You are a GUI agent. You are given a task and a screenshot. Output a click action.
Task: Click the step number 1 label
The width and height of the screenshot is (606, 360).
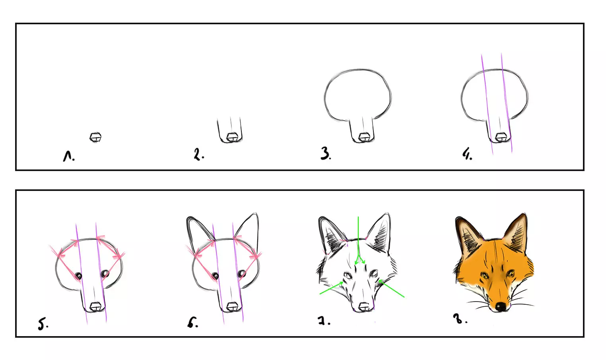point(68,156)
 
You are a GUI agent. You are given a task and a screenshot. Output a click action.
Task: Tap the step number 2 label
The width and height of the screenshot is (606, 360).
point(198,154)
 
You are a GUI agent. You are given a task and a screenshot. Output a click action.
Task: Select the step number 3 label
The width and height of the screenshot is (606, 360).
point(325,154)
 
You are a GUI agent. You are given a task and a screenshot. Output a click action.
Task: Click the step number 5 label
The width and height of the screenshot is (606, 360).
point(43,324)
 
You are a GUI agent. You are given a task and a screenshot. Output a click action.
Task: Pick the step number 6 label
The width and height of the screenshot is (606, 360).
point(192,323)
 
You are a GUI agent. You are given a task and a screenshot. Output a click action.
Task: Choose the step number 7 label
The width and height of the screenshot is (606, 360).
point(323,321)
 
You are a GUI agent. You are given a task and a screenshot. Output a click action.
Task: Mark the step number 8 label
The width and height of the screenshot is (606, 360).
point(459,319)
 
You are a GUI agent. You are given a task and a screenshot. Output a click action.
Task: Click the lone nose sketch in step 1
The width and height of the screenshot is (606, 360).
point(95,137)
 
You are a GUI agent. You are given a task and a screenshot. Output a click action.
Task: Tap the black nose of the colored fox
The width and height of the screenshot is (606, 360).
point(500,307)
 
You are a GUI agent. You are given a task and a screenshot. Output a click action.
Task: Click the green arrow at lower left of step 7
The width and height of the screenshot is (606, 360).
point(332,288)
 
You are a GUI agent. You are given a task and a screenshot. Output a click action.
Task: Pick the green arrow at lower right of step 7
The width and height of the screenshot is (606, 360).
point(392,289)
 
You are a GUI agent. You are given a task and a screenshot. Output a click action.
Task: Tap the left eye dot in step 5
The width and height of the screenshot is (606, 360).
point(79,276)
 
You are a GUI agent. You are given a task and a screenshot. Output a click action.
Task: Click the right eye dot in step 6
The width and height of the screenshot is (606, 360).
point(241,273)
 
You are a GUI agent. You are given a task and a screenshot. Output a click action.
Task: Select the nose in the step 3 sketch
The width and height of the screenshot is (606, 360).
point(363,138)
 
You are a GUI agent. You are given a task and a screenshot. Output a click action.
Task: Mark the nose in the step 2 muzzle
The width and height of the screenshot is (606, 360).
point(232,138)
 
